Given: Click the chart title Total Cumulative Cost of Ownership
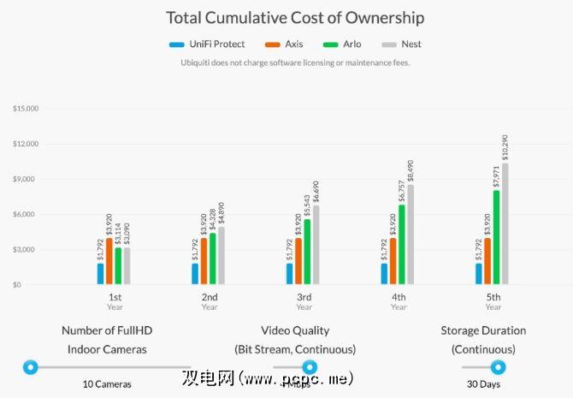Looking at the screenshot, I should [x=295, y=17].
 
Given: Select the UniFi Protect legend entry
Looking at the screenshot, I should [x=207, y=45].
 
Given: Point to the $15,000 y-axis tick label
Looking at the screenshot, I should [x=27, y=109].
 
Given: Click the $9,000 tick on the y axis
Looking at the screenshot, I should [x=28, y=179].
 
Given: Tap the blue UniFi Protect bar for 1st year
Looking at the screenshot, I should [x=100, y=274].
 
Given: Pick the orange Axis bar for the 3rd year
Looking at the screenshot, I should [x=298, y=262].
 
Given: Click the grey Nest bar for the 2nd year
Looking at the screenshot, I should [x=222, y=256].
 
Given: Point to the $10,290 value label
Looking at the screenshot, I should [x=505, y=147].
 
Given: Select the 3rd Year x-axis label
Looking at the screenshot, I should [x=304, y=301].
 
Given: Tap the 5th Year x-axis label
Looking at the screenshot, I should [x=493, y=301].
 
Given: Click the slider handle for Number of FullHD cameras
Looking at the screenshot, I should [x=31, y=367].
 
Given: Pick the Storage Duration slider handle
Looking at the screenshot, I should [x=498, y=367].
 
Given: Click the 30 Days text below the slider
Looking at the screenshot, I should [x=483, y=384].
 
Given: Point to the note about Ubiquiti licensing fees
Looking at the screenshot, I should [x=295, y=62].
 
